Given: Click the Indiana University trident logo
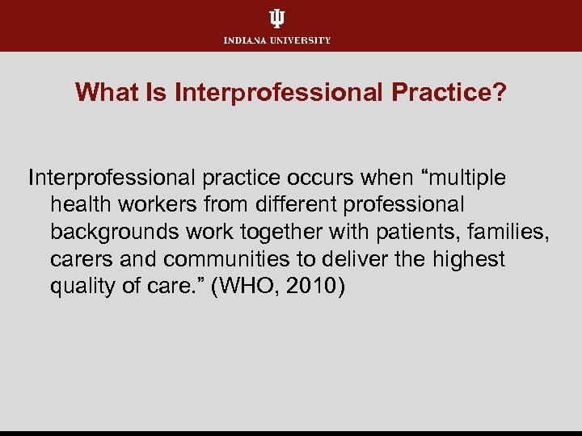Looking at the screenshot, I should pos(277,19).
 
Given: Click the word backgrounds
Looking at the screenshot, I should pos(113,232).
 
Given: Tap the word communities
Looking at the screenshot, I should pos(230,259).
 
